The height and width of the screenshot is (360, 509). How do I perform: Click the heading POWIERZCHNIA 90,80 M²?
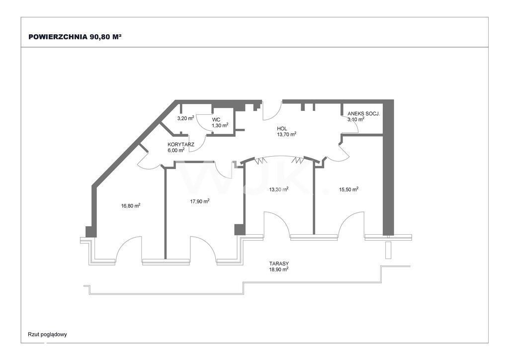[75, 37]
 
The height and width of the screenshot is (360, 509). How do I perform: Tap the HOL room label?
[282, 129]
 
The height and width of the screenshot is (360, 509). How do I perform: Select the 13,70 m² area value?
[286, 134]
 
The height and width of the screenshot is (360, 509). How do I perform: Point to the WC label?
[216, 120]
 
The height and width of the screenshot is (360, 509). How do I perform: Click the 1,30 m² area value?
[220, 125]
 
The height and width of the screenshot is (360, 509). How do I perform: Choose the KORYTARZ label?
[181, 145]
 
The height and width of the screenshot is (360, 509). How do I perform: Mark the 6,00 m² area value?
[176, 150]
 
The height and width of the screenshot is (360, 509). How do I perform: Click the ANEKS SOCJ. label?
[363, 114]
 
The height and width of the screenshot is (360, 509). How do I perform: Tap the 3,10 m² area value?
[356, 119]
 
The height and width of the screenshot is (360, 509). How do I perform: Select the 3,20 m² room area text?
[186, 118]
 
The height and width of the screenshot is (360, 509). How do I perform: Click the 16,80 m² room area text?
[131, 205]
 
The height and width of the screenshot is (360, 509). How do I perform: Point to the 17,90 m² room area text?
[200, 201]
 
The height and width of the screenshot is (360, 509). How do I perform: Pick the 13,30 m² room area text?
[279, 189]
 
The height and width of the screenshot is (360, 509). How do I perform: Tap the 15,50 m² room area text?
[348, 189]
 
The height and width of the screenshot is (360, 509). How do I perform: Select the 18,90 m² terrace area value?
[279, 269]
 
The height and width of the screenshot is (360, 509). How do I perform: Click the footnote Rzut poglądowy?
[47, 334]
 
